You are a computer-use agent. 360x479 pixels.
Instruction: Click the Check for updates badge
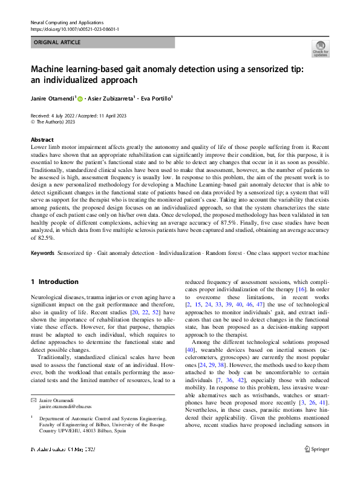(x=320, y=49)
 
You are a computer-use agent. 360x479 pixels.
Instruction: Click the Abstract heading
(x=42, y=138)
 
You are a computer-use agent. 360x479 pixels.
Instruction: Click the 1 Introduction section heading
(x=54, y=282)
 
